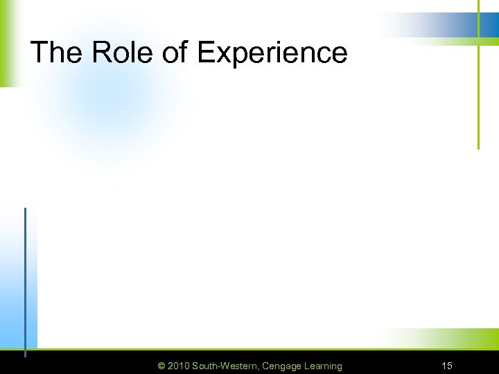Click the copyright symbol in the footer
[161, 366]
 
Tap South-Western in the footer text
[225, 366]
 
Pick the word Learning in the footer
[322, 366]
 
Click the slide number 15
[447, 366]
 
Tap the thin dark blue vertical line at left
[25, 277]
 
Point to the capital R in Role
[96, 53]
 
